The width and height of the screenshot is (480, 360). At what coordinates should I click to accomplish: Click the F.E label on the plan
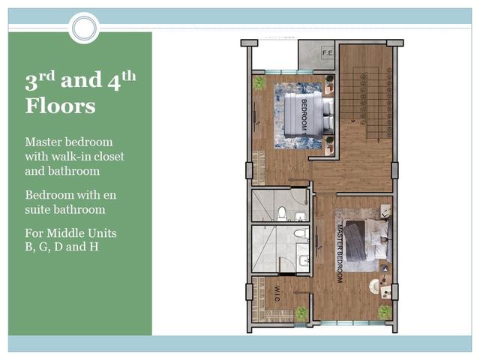(x=327, y=53)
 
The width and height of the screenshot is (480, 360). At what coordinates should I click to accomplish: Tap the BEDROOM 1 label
(x=304, y=117)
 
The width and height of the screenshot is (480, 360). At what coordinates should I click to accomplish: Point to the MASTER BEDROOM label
(x=339, y=253)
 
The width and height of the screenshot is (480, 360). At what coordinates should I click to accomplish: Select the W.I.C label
(x=277, y=293)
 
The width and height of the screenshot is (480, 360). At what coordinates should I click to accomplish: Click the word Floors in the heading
(x=60, y=106)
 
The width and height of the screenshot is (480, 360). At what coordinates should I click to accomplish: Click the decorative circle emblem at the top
(x=84, y=28)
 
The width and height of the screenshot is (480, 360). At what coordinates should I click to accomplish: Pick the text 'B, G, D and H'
(x=61, y=247)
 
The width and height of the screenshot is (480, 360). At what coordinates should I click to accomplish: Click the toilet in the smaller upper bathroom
(x=281, y=213)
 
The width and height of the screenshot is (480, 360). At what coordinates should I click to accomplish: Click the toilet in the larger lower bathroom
(x=301, y=232)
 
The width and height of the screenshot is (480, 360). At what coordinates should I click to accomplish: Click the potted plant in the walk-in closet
(x=301, y=313)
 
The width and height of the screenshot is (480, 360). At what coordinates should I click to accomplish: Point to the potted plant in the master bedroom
(x=385, y=312)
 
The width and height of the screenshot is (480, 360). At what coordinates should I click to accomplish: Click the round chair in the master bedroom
(x=374, y=286)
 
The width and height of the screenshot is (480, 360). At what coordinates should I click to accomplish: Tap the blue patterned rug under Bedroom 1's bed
(x=298, y=115)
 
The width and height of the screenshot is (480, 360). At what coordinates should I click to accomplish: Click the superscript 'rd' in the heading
(x=46, y=76)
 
